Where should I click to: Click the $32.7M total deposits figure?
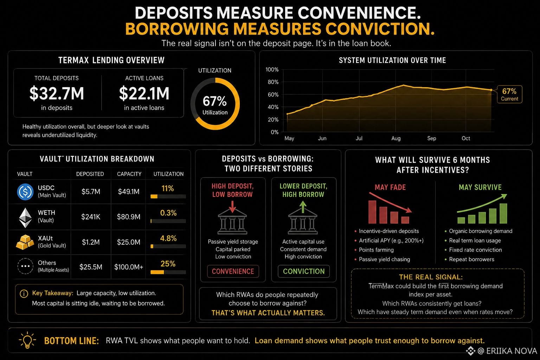click(57, 94)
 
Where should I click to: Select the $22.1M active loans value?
click(144, 94)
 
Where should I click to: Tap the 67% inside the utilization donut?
click(214, 101)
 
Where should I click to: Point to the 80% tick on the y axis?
click(273, 82)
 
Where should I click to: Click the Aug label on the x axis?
click(396, 139)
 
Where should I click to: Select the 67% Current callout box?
click(509, 94)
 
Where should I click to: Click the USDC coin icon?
click(25, 192)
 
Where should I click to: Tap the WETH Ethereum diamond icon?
click(25, 218)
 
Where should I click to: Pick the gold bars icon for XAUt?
click(25, 242)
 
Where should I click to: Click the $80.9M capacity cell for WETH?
click(128, 217)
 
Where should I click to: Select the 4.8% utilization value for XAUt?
click(168, 238)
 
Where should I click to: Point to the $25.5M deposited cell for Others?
click(91, 267)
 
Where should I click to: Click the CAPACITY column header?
click(129, 174)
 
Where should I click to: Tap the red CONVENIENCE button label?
click(233, 271)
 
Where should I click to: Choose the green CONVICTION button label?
click(304, 271)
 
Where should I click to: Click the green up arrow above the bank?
click(303, 207)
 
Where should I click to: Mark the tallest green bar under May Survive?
click(503, 213)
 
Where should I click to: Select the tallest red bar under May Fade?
click(372, 212)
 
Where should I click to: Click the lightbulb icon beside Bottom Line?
click(27, 340)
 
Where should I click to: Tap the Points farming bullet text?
click(376, 250)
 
